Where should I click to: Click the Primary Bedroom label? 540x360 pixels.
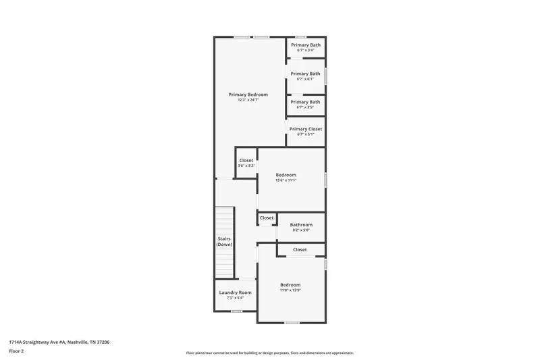248,95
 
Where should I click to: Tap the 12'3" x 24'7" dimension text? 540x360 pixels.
248,100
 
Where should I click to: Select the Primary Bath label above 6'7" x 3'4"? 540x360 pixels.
305,45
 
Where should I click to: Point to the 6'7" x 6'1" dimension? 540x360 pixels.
305,79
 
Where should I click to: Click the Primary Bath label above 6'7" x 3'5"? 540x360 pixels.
305,102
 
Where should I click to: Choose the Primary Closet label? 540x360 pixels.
305,129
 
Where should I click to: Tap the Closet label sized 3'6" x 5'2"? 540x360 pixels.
246,161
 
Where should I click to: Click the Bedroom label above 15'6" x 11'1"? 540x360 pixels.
286,175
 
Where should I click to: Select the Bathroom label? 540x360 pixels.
301,225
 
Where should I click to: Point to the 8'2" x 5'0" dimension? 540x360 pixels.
301,230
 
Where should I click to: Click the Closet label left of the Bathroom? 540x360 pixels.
267,218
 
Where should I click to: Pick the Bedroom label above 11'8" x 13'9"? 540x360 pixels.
290,285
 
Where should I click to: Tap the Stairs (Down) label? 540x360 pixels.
224,241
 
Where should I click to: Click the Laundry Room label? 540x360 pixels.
235,292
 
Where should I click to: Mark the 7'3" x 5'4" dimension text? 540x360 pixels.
235,298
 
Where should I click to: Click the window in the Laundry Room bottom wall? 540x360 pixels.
236,311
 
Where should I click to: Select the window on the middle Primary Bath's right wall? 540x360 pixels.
325,74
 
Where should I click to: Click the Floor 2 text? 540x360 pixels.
16,351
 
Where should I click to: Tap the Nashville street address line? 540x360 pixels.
59,342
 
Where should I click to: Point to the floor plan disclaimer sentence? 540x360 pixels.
269,353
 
